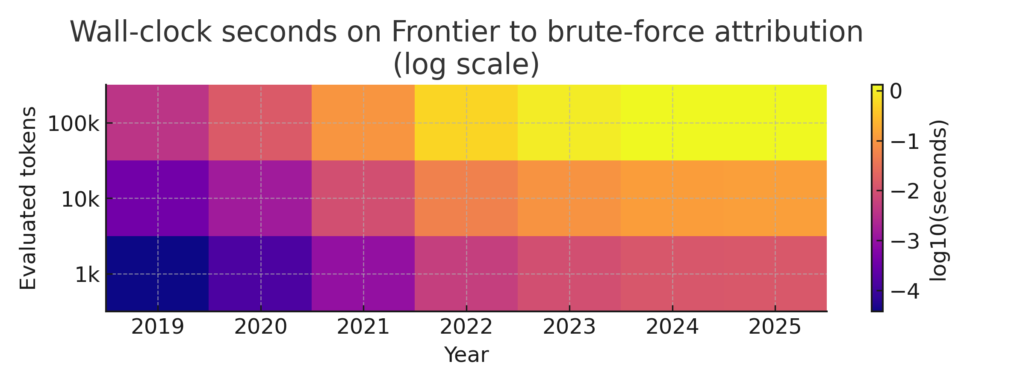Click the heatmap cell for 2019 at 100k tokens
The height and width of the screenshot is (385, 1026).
[158, 123]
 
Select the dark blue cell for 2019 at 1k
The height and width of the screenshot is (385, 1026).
[158, 273]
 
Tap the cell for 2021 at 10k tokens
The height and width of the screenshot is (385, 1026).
[363, 198]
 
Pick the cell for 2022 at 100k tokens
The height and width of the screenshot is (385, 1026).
[466, 123]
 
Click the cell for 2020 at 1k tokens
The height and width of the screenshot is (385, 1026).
[260, 273]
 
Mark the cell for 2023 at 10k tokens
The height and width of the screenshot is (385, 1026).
[569, 198]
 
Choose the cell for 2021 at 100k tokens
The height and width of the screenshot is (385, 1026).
[363, 123]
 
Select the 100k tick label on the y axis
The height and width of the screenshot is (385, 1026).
[73, 124]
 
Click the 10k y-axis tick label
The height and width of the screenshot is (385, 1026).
[80, 200]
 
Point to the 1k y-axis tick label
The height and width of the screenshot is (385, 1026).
[87, 275]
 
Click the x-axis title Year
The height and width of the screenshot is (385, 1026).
[466, 355]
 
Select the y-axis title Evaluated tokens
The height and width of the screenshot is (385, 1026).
[28, 198]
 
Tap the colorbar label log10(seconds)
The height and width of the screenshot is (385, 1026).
[938, 200]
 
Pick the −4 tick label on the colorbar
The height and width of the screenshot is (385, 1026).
[905, 292]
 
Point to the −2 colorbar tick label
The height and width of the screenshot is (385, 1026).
[905, 192]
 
